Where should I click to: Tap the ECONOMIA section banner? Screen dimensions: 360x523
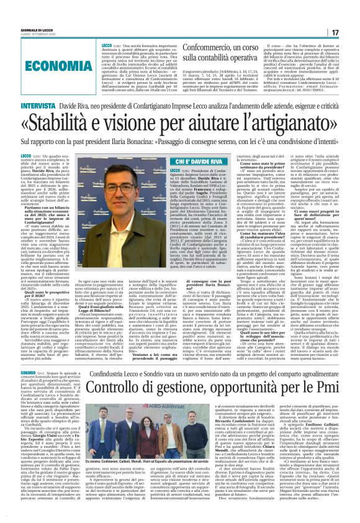point(53,64)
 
